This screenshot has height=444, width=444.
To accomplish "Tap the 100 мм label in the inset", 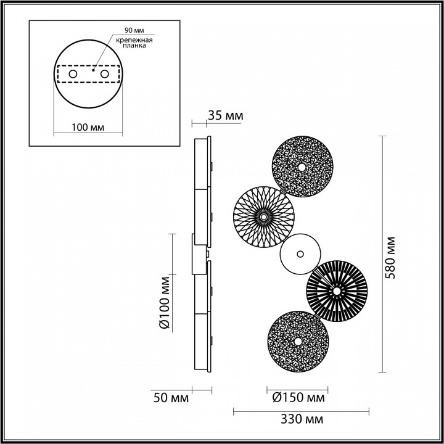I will click(87, 127).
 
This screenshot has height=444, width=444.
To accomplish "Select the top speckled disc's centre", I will click(302, 166).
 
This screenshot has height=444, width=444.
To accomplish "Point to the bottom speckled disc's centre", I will click(297, 341).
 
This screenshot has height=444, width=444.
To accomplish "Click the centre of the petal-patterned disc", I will click(263, 216).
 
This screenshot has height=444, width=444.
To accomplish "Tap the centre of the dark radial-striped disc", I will click(337, 290).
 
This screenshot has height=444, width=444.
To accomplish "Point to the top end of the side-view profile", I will click(203, 139).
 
